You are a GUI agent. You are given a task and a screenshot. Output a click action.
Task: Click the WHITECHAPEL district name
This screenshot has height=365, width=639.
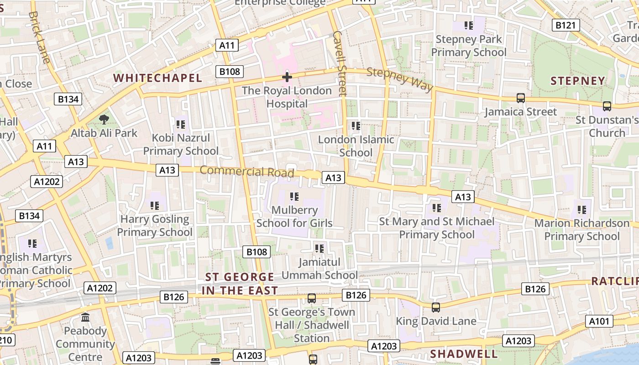[157, 78]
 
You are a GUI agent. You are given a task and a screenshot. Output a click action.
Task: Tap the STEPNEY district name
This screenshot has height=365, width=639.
[577, 81]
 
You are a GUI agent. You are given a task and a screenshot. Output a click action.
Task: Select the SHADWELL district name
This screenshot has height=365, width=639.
[464, 354]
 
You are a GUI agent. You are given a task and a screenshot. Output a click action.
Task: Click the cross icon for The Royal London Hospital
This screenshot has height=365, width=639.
[287, 77]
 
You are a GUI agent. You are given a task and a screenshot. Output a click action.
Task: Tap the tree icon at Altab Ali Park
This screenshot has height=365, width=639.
[104, 120]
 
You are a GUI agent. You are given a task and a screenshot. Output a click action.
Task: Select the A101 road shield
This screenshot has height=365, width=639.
[599, 321]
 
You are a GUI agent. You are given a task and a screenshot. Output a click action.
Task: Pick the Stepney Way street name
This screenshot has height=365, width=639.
[399, 79]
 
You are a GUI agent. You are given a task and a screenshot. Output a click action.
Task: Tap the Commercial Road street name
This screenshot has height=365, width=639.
[247, 172]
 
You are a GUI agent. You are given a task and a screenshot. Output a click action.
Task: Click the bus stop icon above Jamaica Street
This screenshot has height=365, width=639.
[520, 98]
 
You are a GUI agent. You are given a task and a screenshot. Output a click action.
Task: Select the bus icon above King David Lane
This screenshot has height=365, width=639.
[436, 307]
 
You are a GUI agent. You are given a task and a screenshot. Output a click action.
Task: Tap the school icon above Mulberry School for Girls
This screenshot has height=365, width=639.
[294, 197]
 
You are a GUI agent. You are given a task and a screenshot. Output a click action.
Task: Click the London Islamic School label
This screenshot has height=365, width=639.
[356, 146]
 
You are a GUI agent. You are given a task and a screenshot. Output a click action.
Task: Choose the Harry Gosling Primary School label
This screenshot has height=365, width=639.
[155, 225]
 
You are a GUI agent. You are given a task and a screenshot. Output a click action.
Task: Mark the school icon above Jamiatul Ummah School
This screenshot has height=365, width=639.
[319, 249]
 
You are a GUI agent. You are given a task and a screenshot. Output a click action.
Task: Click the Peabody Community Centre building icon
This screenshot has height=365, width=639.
[85, 317]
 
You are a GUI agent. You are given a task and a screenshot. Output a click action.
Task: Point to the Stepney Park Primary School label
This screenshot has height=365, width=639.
[469, 46]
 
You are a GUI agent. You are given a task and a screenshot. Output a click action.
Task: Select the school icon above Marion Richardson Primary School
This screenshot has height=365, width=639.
[582, 210]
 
